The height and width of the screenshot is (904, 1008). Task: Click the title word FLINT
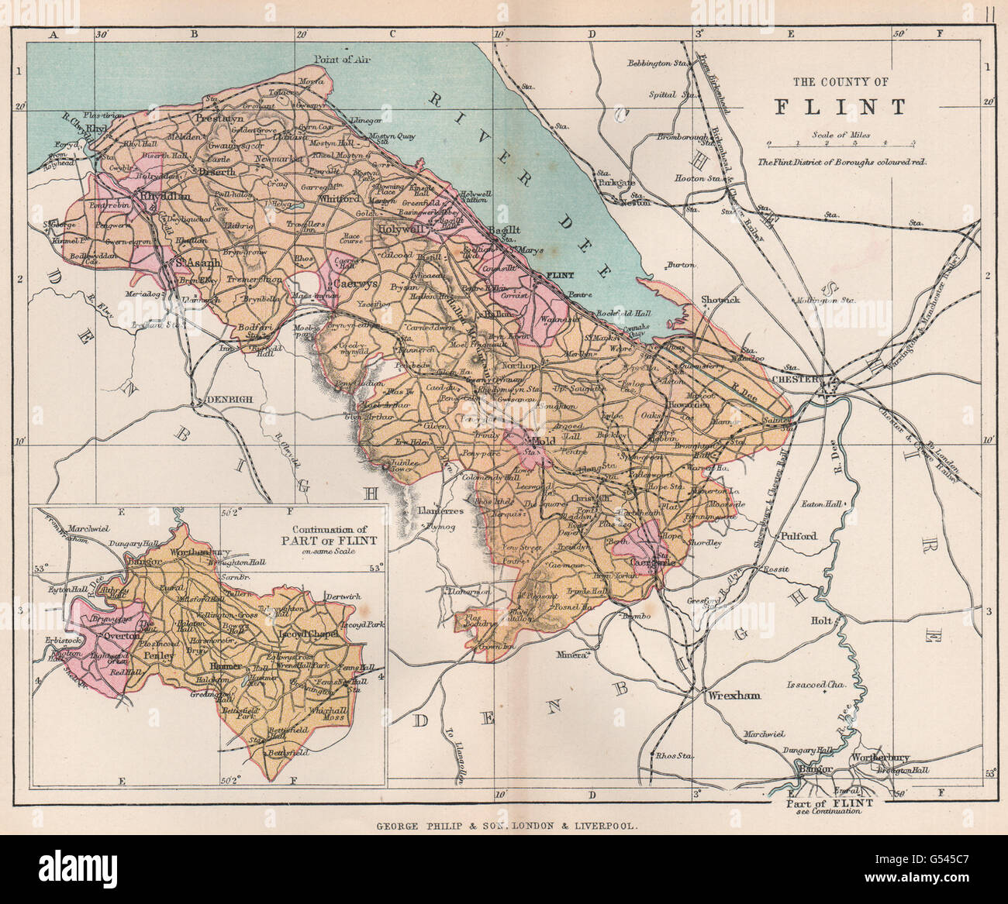[x=840, y=107]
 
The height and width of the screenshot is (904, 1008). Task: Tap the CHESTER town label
[x=796, y=379]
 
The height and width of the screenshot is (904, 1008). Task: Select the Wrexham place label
[x=734, y=695]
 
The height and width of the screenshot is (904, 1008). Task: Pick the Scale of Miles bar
[x=840, y=143]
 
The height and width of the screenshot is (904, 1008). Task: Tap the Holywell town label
[x=399, y=229]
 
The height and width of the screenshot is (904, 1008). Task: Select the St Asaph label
[x=196, y=263]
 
